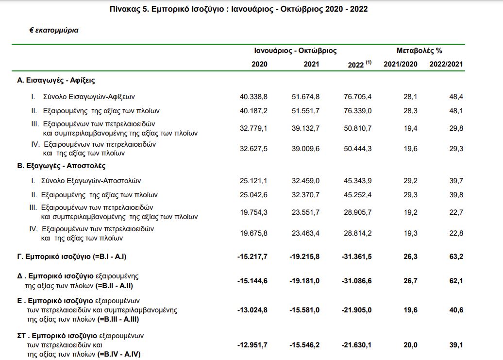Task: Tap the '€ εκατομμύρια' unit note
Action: pyautogui.click(x=54, y=31)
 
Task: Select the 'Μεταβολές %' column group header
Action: pyautogui.click(x=419, y=51)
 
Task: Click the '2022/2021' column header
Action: pyautogui.click(x=446, y=64)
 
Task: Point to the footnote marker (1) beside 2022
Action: pyautogui.click(x=369, y=62)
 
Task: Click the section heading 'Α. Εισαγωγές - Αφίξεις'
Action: pyautogui.click(x=56, y=80)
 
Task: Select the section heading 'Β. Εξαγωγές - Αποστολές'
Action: pyautogui.click(x=61, y=166)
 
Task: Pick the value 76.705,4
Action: pyautogui.click(x=358, y=97)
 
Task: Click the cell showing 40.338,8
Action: pyautogui.click(x=253, y=97)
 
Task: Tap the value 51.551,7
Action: pyautogui.click(x=305, y=111)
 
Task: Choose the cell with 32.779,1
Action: pyautogui.click(x=253, y=128)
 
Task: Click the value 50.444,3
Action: pyautogui.click(x=358, y=149)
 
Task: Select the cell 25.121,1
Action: pyautogui.click(x=253, y=181)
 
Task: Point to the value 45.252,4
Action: pyautogui.click(x=358, y=195)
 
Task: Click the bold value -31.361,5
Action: pyautogui.click(x=356, y=257)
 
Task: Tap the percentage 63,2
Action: pyautogui.click(x=456, y=257)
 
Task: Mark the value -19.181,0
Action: pyautogui.click(x=304, y=281)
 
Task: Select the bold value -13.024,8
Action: pyautogui.click(x=252, y=310)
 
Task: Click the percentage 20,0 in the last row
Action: pyautogui.click(x=411, y=345)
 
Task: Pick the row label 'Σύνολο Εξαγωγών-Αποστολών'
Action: pyautogui.click(x=91, y=181)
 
